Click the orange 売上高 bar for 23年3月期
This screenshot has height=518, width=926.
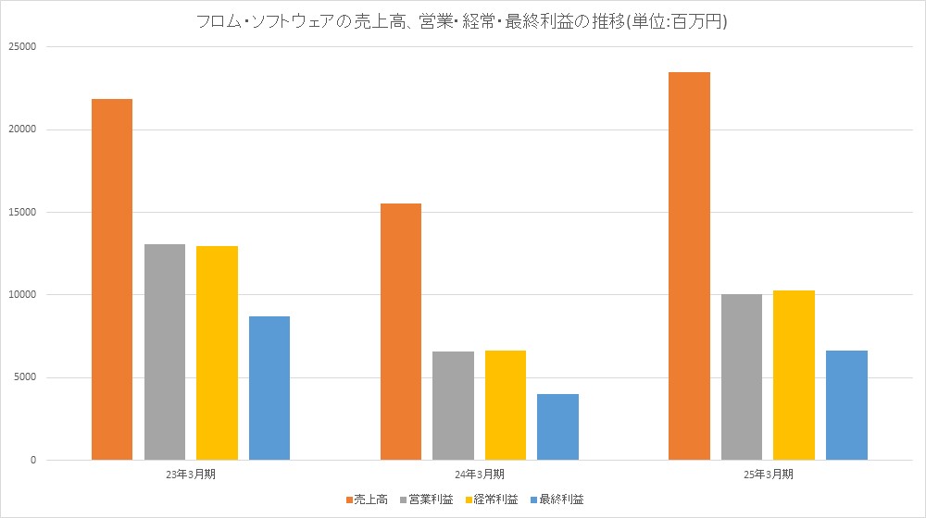coord(112,278)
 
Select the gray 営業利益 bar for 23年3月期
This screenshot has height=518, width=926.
coord(165,351)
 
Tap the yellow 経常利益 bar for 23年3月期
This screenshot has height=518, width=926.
coord(217,352)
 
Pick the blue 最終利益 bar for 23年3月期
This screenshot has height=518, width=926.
coord(269,388)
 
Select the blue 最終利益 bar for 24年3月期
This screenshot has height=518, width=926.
coord(557,426)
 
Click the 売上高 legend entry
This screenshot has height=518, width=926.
coord(366,499)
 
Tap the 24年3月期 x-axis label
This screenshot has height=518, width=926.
coord(480,474)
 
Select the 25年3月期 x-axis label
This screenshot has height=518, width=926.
coord(768,474)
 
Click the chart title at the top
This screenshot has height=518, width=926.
coord(463,22)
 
